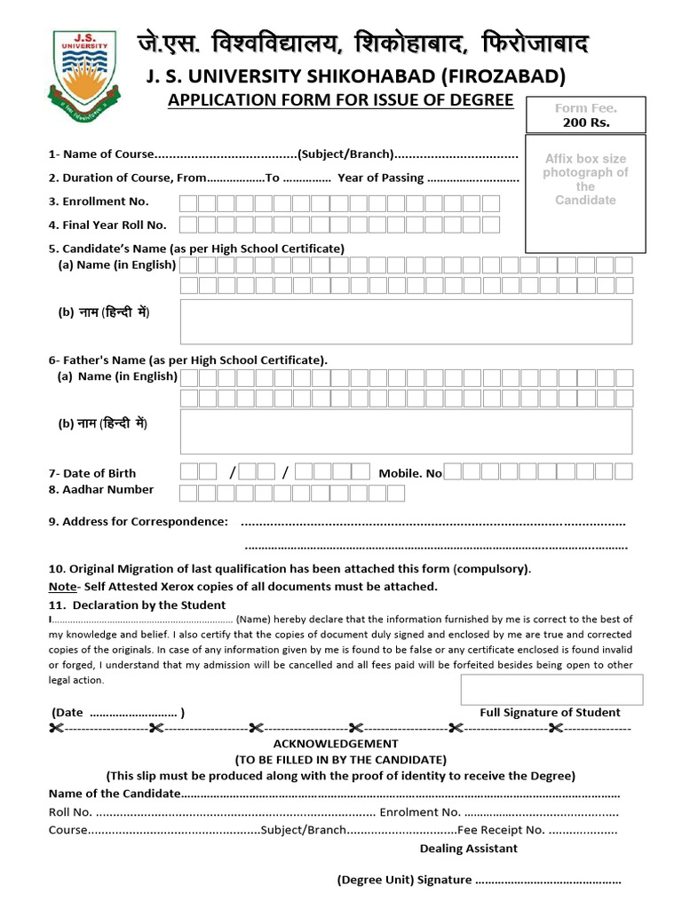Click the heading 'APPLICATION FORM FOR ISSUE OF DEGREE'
pyautogui.click(x=341, y=99)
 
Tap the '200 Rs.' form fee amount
pyautogui.click(x=586, y=123)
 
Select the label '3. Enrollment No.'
pyautogui.click(x=99, y=202)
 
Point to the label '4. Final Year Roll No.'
pyautogui.click(x=107, y=225)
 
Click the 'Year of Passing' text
pyautogui.click(x=380, y=178)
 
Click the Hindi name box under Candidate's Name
pyautogui.click(x=406, y=321)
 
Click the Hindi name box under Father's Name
pyautogui.click(x=406, y=431)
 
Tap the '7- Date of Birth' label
pyautogui.click(x=92, y=473)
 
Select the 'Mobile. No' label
pyautogui.click(x=410, y=473)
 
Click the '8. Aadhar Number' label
pyautogui.click(x=101, y=489)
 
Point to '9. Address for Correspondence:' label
pyautogui.click(x=138, y=521)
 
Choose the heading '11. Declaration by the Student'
pyautogui.click(x=137, y=605)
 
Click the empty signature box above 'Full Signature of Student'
pyautogui.click(x=551, y=689)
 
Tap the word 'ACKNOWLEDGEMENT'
pyautogui.click(x=336, y=743)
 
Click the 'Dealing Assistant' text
pyautogui.click(x=469, y=848)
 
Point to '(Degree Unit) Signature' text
pyautogui.click(x=404, y=880)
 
